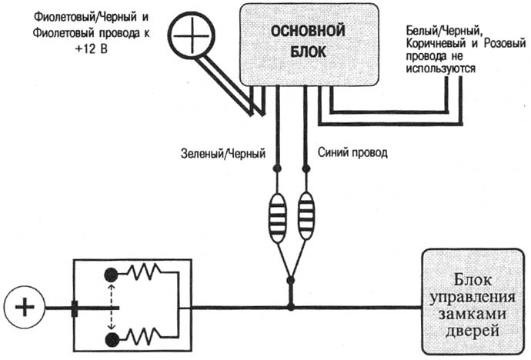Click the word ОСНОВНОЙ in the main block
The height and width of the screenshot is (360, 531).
pyautogui.click(x=308, y=32)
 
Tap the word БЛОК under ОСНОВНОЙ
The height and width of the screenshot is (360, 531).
pyautogui.click(x=308, y=52)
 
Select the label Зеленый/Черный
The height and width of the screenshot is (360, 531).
pyautogui.click(x=223, y=154)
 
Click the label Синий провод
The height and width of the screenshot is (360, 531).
pyautogui.click(x=352, y=152)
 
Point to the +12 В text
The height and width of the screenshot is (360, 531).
pyautogui.click(x=91, y=48)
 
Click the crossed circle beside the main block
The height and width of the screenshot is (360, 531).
pyautogui.click(x=192, y=35)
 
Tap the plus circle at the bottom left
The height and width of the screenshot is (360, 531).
pyautogui.click(x=25, y=308)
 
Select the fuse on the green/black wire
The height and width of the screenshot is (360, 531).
pyautogui.click(x=277, y=218)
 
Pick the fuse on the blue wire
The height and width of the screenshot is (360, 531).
pyautogui.click(x=306, y=215)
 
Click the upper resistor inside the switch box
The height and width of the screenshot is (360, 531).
pyautogui.click(x=144, y=272)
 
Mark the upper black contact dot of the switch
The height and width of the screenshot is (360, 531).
pyautogui.click(x=112, y=275)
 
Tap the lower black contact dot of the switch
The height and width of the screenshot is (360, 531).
pyautogui.click(x=112, y=340)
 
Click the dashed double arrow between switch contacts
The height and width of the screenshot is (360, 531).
pyautogui.click(x=112, y=307)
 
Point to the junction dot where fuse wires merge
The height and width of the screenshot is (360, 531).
pyautogui.click(x=290, y=281)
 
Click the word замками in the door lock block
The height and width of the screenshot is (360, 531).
pyautogui.click(x=472, y=315)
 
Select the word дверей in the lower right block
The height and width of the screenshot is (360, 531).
pyautogui.click(x=472, y=331)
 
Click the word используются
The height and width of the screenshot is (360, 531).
pyautogui.click(x=441, y=68)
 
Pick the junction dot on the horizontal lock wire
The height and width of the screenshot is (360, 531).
pyautogui.click(x=291, y=308)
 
